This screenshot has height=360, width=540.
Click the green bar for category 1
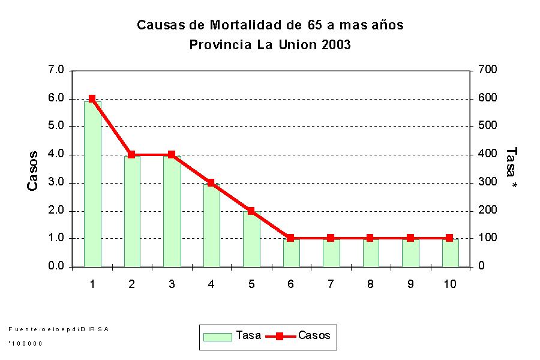tap(92, 186)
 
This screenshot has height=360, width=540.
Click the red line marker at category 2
tap(131, 155)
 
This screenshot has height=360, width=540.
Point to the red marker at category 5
tap(251, 211)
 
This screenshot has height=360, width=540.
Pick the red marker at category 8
tap(370, 238)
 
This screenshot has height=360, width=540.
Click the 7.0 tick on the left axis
tap(56, 70)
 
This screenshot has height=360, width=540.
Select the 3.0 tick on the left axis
tap(56, 182)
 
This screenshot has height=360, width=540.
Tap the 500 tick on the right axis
tap(487, 126)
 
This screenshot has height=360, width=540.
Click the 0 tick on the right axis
tap(481, 266)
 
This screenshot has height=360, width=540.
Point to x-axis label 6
tap(290, 284)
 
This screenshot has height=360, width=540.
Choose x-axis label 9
tap(410, 284)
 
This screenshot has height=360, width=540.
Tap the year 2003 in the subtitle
tap(335, 45)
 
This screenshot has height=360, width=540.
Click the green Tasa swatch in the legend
tap(217, 336)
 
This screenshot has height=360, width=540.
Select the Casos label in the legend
tap(314, 335)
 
